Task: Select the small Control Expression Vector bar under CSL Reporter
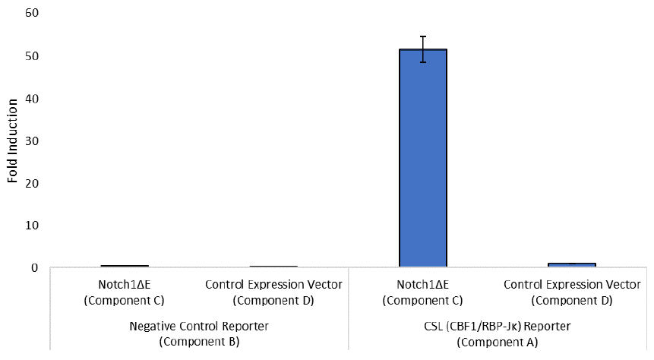(x=572, y=264)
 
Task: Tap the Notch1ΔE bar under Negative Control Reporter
(x=125, y=266)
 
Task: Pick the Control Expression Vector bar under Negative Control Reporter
(x=273, y=267)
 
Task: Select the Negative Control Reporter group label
(x=199, y=327)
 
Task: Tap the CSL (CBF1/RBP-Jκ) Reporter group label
(x=498, y=327)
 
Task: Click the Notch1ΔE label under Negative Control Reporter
(x=125, y=285)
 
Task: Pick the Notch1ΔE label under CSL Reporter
(x=423, y=285)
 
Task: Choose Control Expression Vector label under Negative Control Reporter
(x=273, y=285)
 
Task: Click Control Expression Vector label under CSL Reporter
(x=572, y=285)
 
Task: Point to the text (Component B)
(x=199, y=341)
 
